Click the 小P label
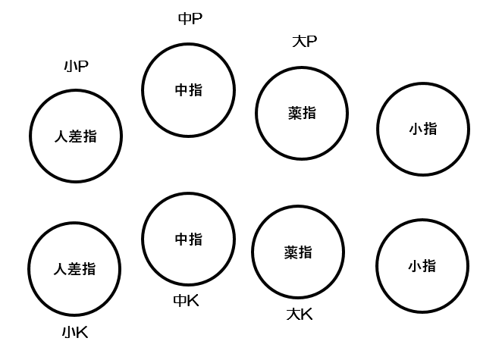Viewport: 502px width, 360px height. click(76, 67)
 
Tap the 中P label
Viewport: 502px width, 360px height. click(190, 18)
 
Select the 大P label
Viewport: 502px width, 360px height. click(304, 41)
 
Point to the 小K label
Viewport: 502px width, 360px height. click(76, 332)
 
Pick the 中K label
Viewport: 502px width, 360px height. click(187, 300)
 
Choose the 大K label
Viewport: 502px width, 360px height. click(300, 314)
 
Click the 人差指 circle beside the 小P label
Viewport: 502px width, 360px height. click(76, 136)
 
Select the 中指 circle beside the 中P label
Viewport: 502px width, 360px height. click(189, 89)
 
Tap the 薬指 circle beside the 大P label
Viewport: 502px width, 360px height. click(302, 113)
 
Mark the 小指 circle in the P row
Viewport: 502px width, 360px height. click(422, 129)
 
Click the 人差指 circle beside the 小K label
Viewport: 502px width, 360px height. click(74, 268)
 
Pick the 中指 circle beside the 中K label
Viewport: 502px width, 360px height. click(189, 239)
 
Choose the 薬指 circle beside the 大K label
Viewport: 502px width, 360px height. click(299, 252)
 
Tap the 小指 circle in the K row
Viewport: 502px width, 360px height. click(422, 266)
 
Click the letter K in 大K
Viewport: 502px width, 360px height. click(306, 314)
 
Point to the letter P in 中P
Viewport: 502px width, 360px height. click(196, 18)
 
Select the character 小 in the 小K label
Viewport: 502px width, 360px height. click(69, 332)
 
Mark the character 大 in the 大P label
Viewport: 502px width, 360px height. click(297, 41)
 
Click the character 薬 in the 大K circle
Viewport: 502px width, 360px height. click(292, 252)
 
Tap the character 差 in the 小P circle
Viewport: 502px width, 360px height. click(76, 136)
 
